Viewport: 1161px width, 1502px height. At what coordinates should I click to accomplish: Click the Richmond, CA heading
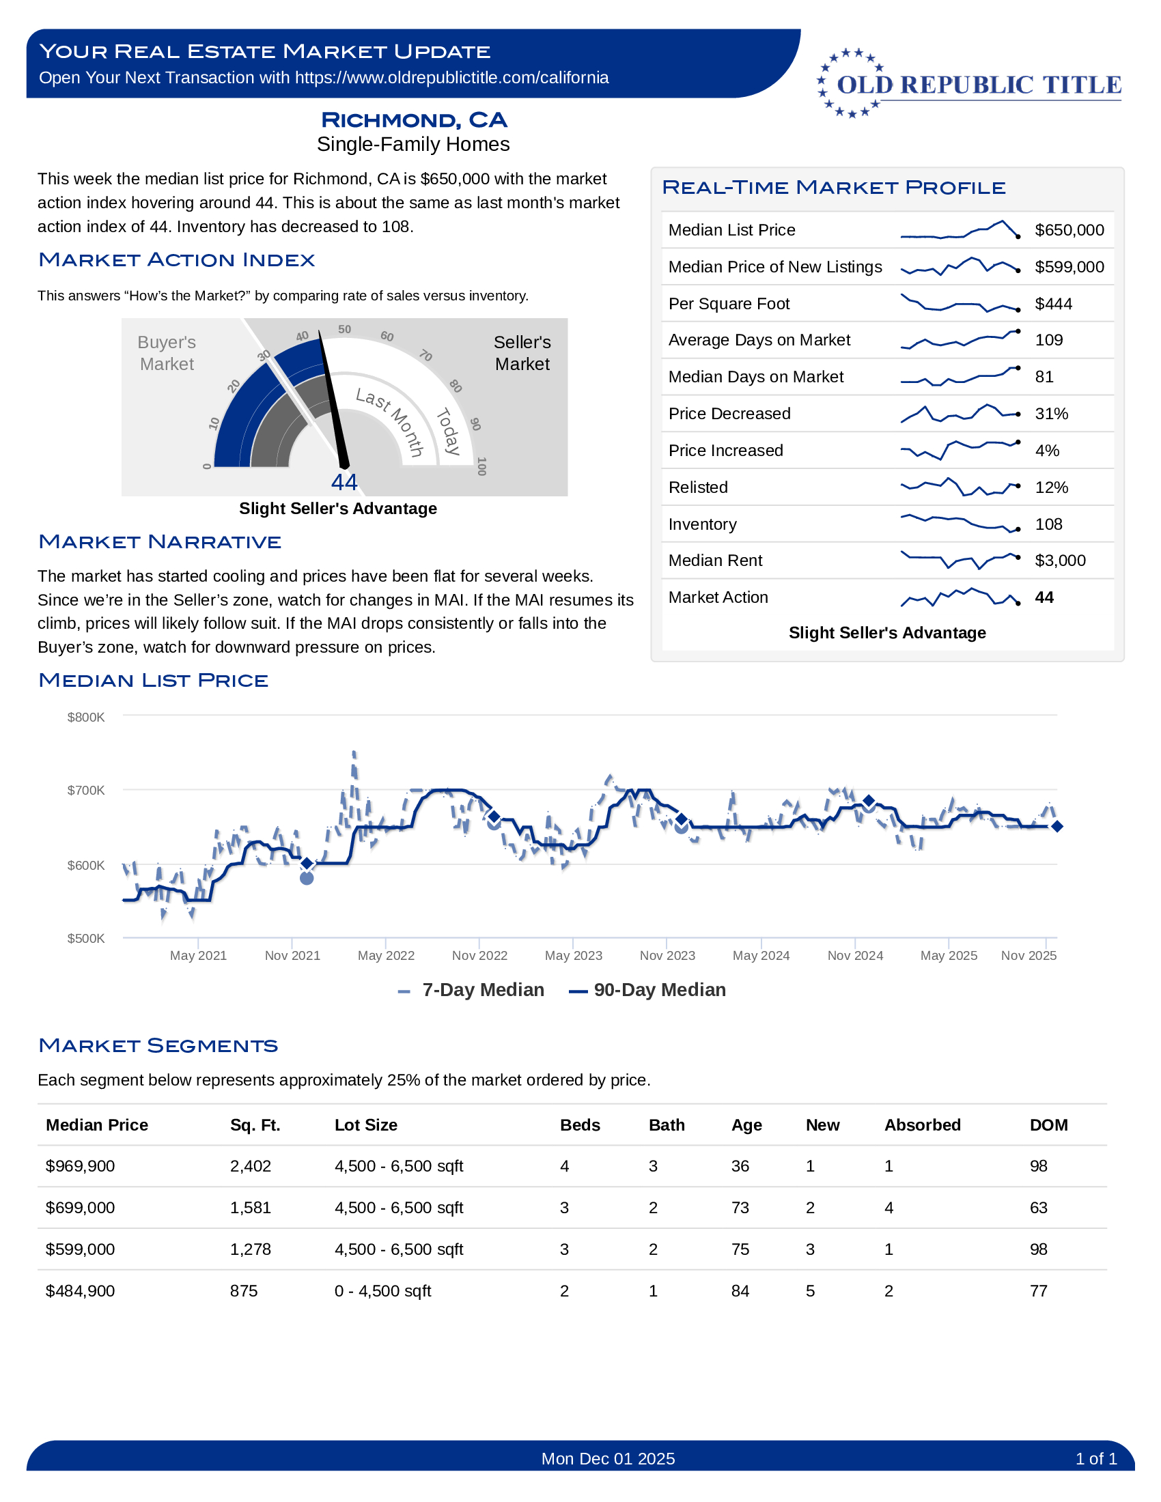[x=413, y=119]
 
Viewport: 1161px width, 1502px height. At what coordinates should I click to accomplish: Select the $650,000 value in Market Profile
[x=1069, y=230]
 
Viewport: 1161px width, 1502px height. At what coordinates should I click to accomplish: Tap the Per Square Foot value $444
[x=1053, y=304]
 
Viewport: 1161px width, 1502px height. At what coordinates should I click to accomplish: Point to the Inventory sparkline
[x=960, y=524]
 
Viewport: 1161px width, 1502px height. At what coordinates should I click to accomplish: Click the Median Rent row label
[x=714, y=561]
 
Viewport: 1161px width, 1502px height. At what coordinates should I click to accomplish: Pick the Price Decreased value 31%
[x=1051, y=414]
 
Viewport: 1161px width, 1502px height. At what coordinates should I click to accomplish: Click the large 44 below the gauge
[x=344, y=482]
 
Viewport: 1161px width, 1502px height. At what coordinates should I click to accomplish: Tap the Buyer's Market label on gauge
[x=167, y=353]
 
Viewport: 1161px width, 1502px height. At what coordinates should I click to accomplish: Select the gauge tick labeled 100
[x=481, y=466]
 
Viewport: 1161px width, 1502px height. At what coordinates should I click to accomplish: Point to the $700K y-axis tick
[x=86, y=790]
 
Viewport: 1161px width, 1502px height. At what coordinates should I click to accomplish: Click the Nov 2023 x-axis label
[x=667, y=955]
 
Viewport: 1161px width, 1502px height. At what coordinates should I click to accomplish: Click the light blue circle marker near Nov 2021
[x=307, y=877]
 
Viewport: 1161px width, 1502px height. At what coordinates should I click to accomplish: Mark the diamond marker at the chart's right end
[x=1057, y=827]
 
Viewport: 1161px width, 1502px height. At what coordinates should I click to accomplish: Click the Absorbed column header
[x=922, y=1125]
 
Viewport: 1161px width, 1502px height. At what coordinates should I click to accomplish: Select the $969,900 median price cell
[x=80, y=1166]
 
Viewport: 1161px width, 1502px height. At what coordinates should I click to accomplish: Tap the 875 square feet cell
[x=244, y=1291]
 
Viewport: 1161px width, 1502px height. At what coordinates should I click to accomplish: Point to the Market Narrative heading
[x=160, y=542]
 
